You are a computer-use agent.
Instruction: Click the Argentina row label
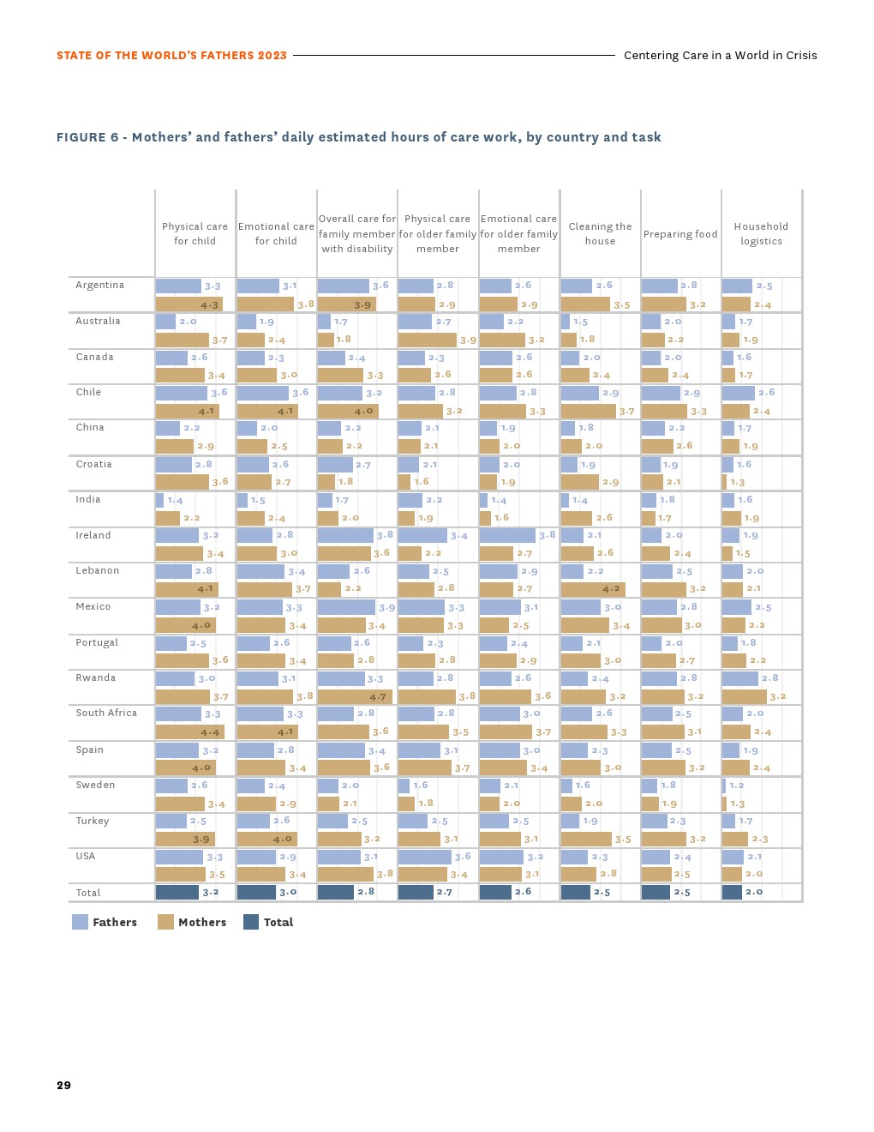99,286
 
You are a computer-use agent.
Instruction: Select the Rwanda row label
95,678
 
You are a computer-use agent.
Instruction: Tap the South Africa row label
106,714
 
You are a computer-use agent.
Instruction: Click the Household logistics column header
761,234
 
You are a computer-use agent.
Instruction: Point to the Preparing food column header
680,234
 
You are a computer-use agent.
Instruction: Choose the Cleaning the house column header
600,234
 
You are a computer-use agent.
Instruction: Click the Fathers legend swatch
80,922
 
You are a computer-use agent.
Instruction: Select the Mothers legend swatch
165,922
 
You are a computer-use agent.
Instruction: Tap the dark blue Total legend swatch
251,922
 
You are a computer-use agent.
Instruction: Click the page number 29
64,1086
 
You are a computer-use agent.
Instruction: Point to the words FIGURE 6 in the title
87,137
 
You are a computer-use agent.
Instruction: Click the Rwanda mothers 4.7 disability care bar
355,697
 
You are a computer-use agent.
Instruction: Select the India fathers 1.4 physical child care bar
159,500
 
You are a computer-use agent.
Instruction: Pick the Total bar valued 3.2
177,893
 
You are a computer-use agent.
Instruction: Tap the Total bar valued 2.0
732,893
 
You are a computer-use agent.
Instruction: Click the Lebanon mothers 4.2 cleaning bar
593,589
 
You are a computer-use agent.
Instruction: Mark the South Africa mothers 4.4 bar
189,732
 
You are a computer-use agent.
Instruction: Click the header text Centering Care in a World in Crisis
720,56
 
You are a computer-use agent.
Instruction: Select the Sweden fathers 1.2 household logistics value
737,786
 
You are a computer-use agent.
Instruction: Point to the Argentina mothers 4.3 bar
189,304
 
